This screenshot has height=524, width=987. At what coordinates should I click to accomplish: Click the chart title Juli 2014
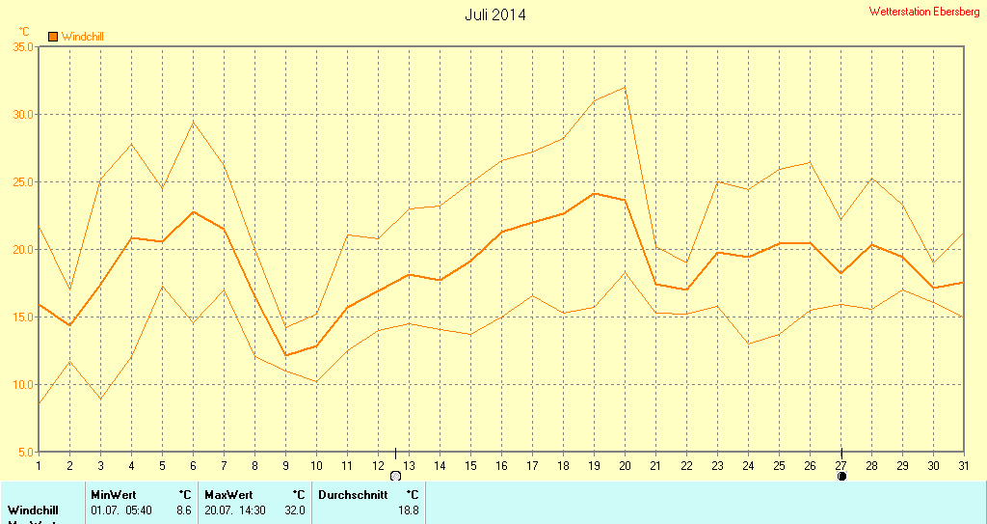(x=495, y=14)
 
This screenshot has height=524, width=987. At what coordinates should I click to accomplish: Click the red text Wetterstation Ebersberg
(x=923, y=12)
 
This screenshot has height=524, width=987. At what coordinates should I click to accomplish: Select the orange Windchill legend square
(x=53, y=37)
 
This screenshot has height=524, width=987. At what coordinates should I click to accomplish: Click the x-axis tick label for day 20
(x=625, y=465)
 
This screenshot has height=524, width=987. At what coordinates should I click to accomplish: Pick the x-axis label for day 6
(x=193, y=465)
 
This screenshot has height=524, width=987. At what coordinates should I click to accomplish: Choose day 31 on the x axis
(x=964, y=465)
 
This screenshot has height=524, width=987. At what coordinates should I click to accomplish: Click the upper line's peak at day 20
(x=625, y=87)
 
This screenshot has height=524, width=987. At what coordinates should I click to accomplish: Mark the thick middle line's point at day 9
(x=285, y=355)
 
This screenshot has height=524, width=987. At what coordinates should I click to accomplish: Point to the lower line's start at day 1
(x=39, y=402)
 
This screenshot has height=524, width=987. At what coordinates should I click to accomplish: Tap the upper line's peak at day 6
(x=193, y=121)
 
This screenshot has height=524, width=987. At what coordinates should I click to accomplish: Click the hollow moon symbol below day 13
(x=395, y=476)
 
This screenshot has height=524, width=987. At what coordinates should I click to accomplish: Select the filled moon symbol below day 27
(x=841, y=476)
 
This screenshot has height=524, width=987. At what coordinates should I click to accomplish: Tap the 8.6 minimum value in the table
(x=184, y=510)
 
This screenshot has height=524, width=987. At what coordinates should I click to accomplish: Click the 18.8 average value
(x=409, y=510)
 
